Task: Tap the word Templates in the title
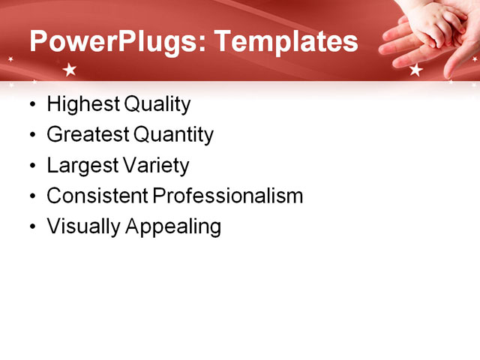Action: pos(287,41)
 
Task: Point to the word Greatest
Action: pos(87,135)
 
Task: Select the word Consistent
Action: pos(97,196)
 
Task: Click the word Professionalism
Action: pos(227,196)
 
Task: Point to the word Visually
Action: pos(83,226)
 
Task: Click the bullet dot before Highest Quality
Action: pos(31,105)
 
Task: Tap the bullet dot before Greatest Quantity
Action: pos(31,136)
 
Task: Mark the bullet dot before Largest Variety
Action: pos(31,166)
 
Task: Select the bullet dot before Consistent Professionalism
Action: pos(31,196)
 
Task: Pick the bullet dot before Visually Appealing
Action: pos(31,226)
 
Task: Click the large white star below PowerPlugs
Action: pos(70,70)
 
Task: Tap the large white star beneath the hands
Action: pos(416,70)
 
